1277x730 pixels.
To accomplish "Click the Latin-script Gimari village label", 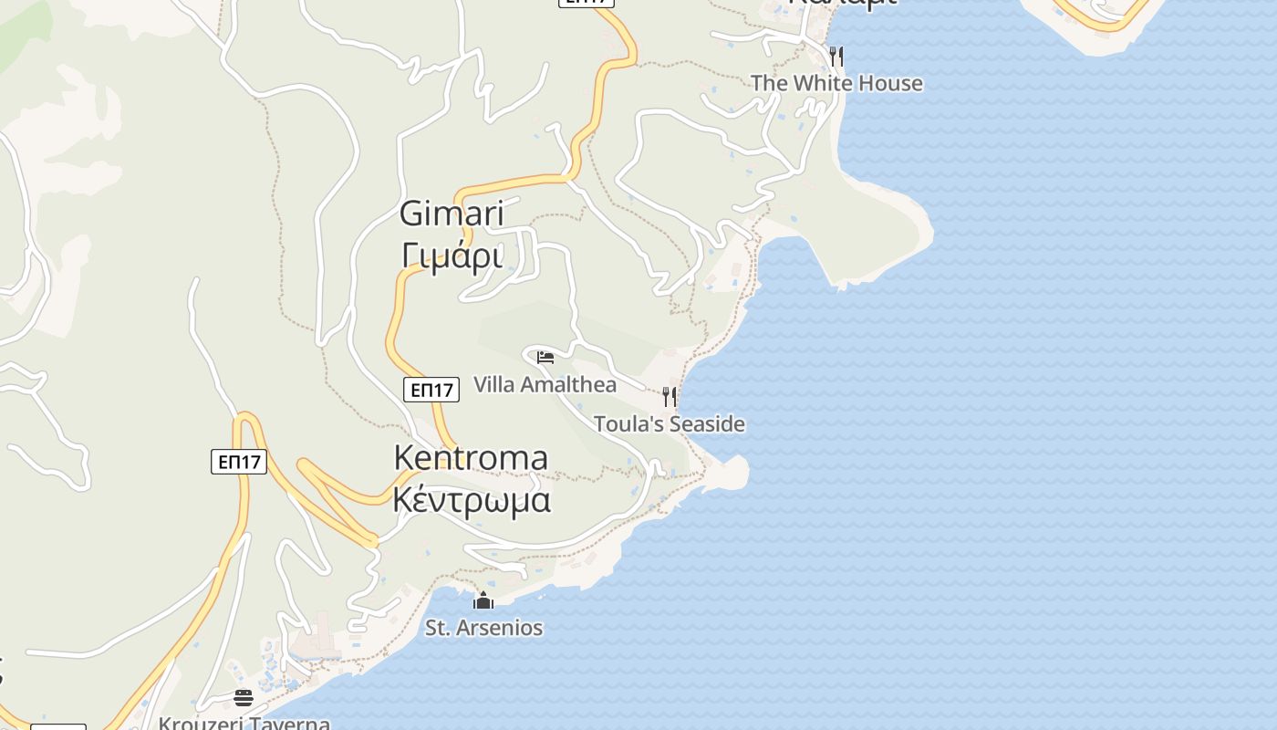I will [452, 214].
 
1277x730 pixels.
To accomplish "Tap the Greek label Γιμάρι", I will [452, 256].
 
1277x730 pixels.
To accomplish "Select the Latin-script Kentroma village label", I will [471, 457].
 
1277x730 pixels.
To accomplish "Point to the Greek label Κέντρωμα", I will [472, 500].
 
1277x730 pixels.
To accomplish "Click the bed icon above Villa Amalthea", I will [545, 357].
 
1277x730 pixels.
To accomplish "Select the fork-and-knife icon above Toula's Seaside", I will [670, 396].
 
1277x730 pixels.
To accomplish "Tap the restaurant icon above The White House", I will [836, 57].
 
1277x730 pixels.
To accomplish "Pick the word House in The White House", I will [893, 83].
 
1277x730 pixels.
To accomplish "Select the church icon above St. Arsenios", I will [483, 600].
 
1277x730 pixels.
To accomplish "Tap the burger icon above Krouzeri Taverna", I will [244, 698].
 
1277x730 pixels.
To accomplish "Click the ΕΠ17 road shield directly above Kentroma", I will [431, 391].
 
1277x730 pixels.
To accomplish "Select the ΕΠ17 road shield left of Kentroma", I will [239, 462].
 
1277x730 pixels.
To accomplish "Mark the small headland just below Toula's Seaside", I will [730, 473].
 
